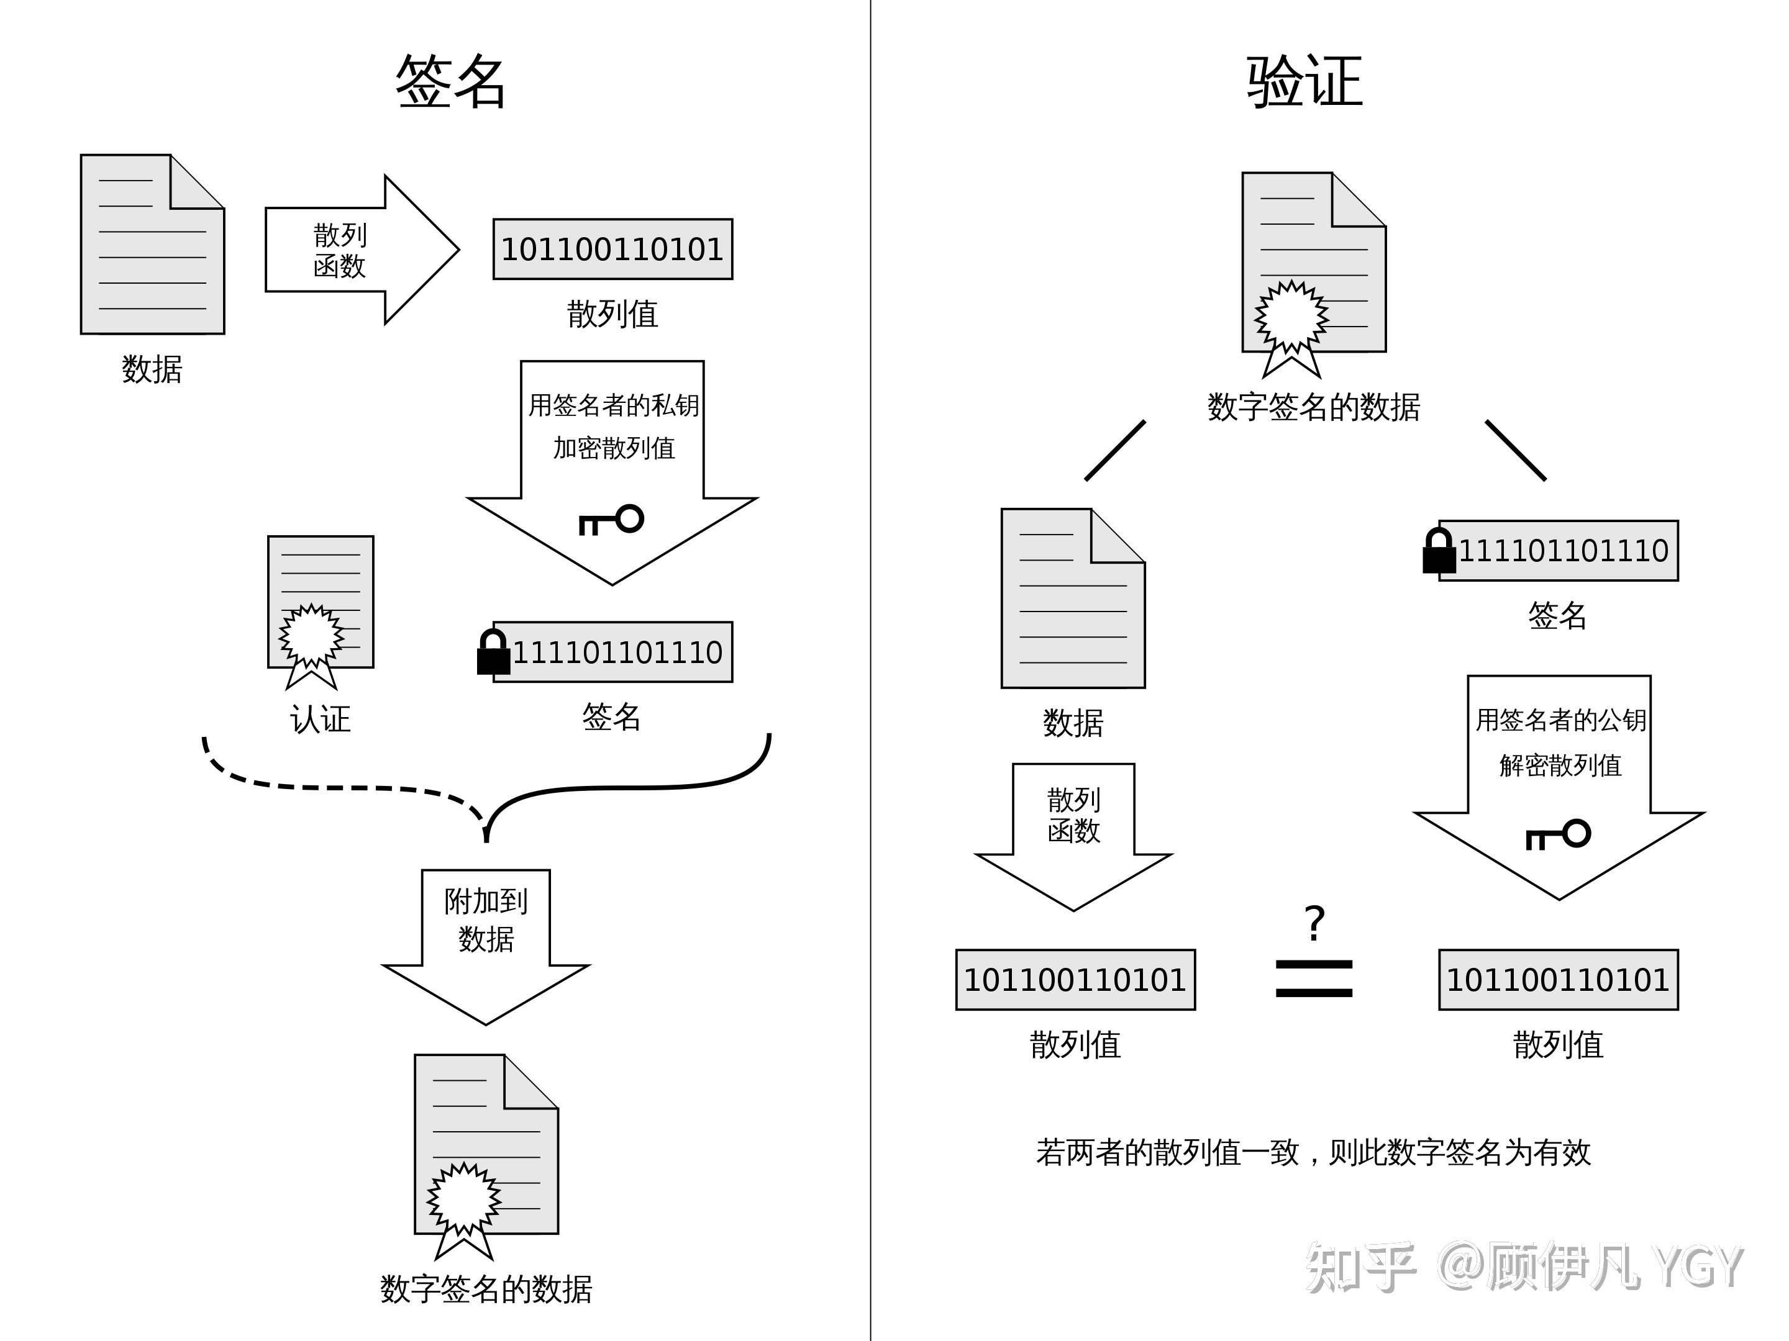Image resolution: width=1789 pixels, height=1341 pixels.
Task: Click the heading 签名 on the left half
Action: (x=450, y=82)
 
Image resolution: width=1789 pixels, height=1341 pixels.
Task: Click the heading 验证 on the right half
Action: (x=1304, y=82)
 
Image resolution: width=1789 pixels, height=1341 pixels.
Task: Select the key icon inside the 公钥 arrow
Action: (x=1559, y=834)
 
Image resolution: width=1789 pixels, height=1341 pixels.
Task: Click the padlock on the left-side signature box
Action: (x=493, y=653)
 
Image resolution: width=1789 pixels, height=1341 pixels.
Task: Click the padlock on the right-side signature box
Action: (x=1439, y=552)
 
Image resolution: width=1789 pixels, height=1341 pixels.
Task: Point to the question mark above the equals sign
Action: (x=1315, y=923)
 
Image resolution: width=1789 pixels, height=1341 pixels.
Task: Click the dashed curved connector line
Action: (x=340, y=786)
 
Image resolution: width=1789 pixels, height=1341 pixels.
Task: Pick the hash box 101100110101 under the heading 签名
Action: (x=612, y=249)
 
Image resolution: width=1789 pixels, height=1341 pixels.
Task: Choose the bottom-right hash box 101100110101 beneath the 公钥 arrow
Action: (x=1558, y=980)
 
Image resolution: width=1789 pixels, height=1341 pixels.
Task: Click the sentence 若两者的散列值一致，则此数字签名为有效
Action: (x=1313, y=1152)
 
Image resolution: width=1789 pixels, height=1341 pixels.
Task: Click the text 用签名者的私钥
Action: (x=613, y=405)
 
